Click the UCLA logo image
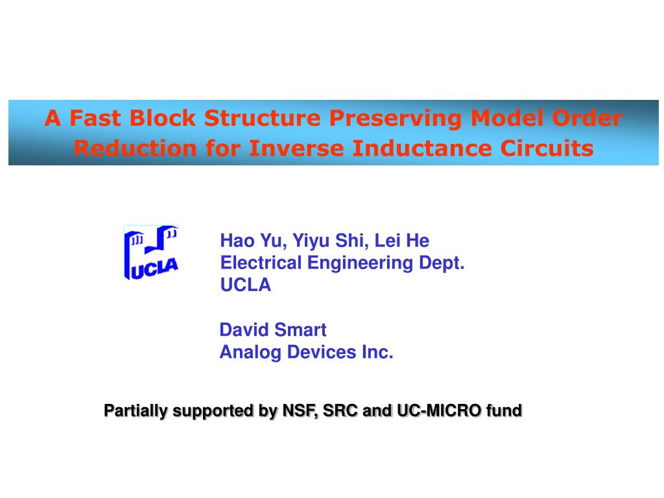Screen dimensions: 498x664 coord(151,253)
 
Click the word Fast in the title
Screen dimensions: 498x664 coord(96,118)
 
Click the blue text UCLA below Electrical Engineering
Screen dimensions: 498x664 coord(246,285)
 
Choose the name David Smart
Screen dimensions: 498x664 coord(273,330)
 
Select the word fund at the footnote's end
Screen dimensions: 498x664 coord(507,410)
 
